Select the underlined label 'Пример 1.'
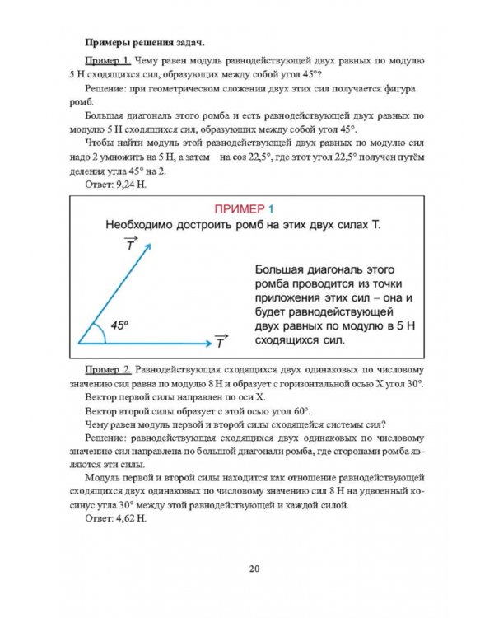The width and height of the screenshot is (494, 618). point(107,62)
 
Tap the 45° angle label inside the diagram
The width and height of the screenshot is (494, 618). point(119,325)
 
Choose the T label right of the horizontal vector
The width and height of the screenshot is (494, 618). point(220,341)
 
